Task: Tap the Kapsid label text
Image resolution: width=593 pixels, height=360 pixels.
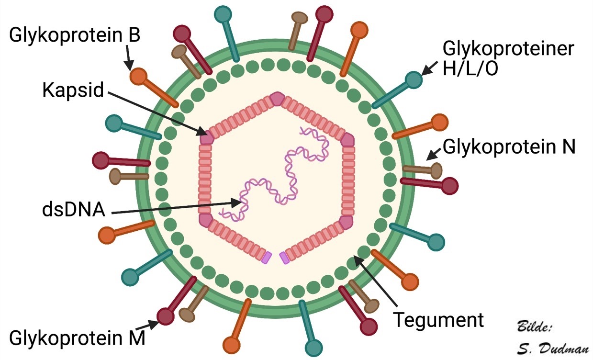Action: click(x=73, y=90)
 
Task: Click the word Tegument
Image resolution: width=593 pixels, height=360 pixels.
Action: click(x=438, y=320)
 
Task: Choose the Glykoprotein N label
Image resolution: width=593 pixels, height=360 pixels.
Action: click(x=509, y=147)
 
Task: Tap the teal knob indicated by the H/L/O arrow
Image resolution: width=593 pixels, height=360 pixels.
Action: click(x=414, y=80)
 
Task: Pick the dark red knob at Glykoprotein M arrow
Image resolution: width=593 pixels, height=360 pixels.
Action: click(x=166, y=316)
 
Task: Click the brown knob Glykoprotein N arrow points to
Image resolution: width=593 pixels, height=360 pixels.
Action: click(x=436, y=170)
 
